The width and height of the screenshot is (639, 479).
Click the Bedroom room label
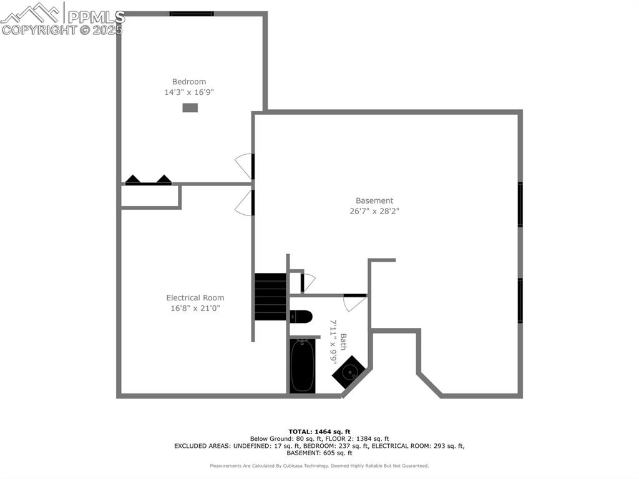(x=189, y=82)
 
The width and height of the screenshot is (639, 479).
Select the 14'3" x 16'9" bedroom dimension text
(x=189, y=92)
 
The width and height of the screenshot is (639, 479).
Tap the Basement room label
(x=374, y=201)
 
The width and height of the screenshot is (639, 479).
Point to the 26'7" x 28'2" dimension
(x=374, y=212)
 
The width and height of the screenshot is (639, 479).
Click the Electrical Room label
(x=195, y=298)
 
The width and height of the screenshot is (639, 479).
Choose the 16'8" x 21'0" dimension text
(x=195, y=309)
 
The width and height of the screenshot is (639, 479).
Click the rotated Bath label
(x=343, y=342)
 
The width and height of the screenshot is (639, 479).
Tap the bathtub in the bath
(x=303, y=365)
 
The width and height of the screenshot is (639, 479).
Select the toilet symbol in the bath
(x=301, y=317)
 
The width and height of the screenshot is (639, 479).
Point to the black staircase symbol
(x=270, y=297)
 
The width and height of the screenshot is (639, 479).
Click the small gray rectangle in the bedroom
(x=190, y=108)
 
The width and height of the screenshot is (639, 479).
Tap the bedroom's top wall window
(x=192, y=13)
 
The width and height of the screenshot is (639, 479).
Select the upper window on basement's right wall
(x=520, y=205)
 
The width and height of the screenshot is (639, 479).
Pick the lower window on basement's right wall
(x=520, y=300)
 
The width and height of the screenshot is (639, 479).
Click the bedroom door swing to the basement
(x=245, y=165)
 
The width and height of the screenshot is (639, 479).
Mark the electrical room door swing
(x=245, y=204)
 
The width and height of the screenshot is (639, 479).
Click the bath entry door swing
(x=353, y=303)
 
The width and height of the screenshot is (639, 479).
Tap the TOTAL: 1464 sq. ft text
(x=319, y=432)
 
